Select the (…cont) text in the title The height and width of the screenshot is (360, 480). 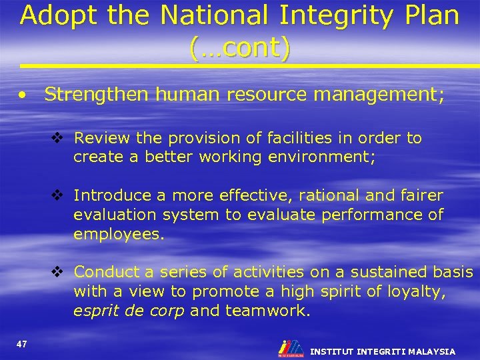click(x=240, y=47)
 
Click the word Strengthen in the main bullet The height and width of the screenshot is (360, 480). click(x=97, y=95)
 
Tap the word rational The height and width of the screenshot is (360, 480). click(x=327, y=195)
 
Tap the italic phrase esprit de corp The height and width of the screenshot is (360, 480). click(x=128, y=311)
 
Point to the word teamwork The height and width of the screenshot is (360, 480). click(x=268, y=311)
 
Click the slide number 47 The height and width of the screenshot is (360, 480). click(x=22, y=343)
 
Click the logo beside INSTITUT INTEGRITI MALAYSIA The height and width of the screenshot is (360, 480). click(x=291, y=347)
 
